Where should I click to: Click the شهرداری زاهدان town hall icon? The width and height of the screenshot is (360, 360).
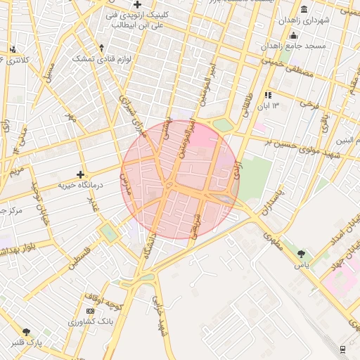[303, 9]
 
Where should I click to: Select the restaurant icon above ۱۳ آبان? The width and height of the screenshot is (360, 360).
[267, 95]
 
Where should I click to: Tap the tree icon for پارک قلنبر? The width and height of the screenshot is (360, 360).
[27, 332]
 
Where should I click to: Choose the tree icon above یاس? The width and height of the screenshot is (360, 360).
[302, 254]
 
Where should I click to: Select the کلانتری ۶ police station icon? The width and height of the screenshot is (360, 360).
[13, 49]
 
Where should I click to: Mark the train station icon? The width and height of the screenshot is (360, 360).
[342, 349]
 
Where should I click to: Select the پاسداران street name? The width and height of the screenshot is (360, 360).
[269, 201]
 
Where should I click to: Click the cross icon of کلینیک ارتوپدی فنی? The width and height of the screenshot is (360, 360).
[137, 5]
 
